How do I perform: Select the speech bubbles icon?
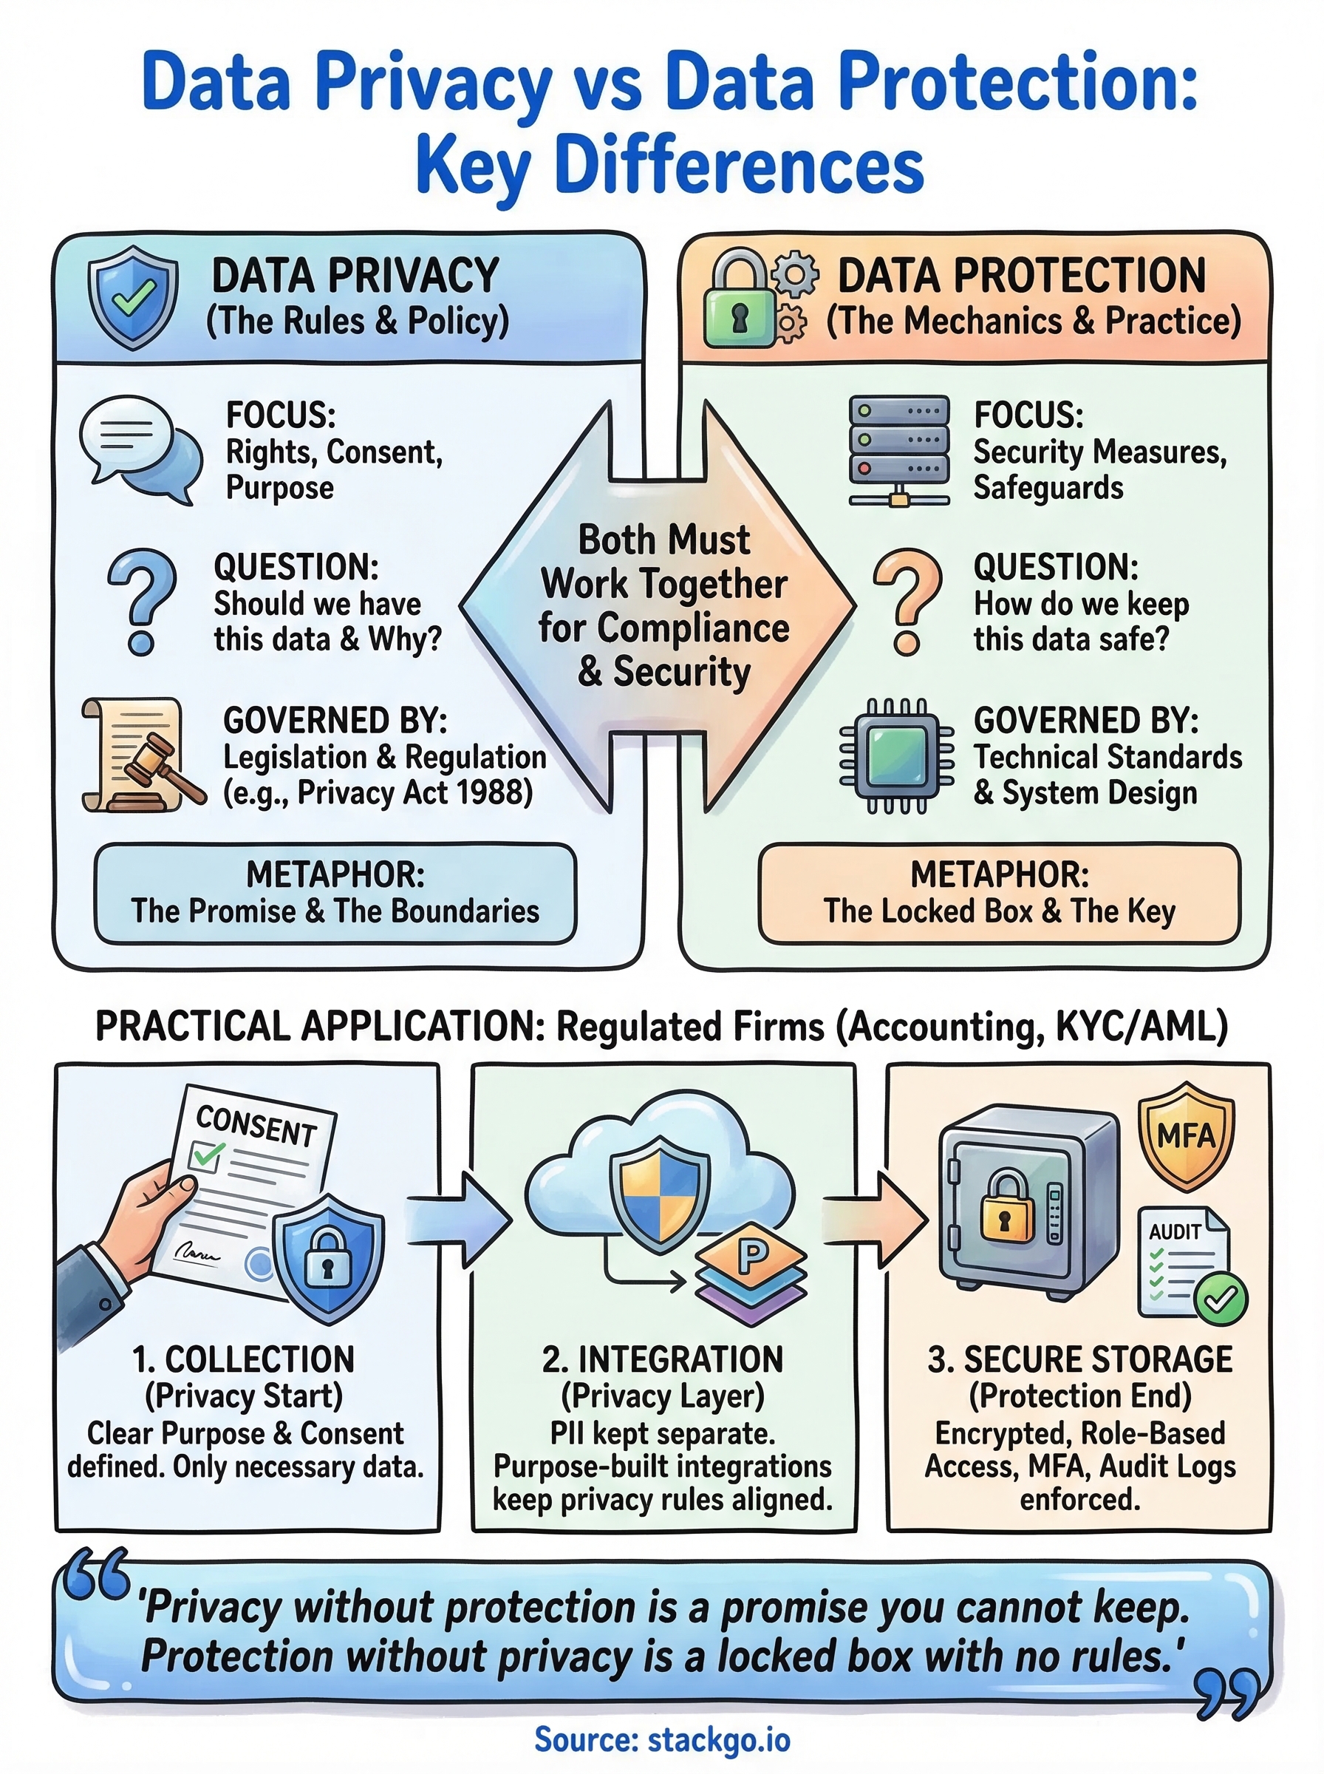[x=140, y=449]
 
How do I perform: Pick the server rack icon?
[x=898, y=449]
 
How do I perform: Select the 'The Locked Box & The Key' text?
[x=999, y=911]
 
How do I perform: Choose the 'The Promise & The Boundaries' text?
[x=335, y=911]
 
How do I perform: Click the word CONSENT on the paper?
[x=256, y=1126]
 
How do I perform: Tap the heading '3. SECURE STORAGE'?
[x=1079, y=1360]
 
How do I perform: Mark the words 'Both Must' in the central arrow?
[x=663, y=540]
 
